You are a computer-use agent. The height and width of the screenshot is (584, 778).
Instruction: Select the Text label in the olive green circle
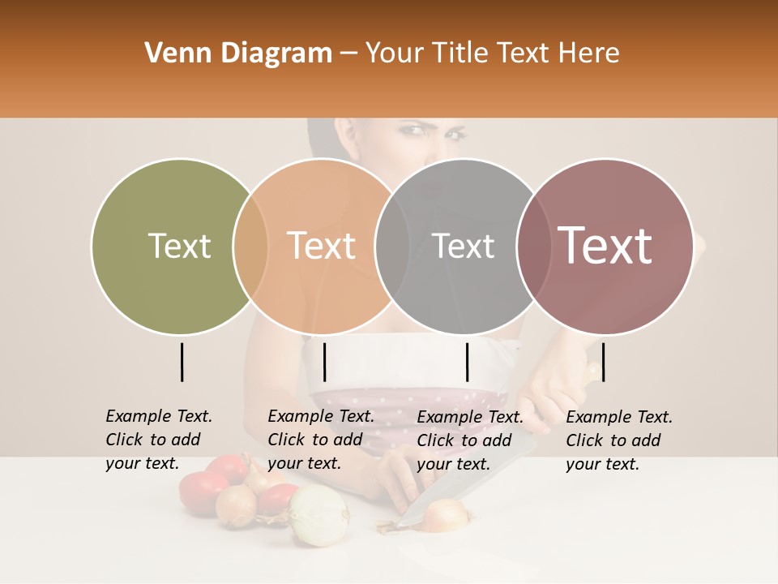click(x=179, y=246)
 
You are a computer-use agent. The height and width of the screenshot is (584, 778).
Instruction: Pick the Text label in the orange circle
click(x=322, y=246)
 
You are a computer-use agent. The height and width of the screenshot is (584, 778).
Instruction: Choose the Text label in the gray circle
click(x=464, y=246)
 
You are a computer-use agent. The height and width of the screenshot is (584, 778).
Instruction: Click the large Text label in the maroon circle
click(x=605, y=246)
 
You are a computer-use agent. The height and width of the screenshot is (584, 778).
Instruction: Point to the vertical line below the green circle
click(x=182, y=362)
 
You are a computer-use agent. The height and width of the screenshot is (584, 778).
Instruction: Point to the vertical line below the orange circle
click(x=324, y=362)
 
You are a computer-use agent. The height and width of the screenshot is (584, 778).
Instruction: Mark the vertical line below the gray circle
click(x=467, y=362)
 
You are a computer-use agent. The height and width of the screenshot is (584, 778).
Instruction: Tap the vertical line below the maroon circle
click(x=603, y=362)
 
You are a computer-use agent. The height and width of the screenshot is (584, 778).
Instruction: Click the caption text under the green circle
click(x=158, y=440)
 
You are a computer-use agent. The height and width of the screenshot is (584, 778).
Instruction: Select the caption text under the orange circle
click(x=320, y=440)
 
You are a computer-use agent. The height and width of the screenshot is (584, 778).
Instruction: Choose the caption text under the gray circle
click(x=469, y=440)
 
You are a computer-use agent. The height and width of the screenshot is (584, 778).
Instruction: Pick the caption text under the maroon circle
click(x=618, y=440)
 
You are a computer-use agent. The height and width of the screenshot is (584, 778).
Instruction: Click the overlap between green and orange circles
click(x=250, y=246)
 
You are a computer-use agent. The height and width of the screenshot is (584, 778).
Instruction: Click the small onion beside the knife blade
click(x=446, y=514)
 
